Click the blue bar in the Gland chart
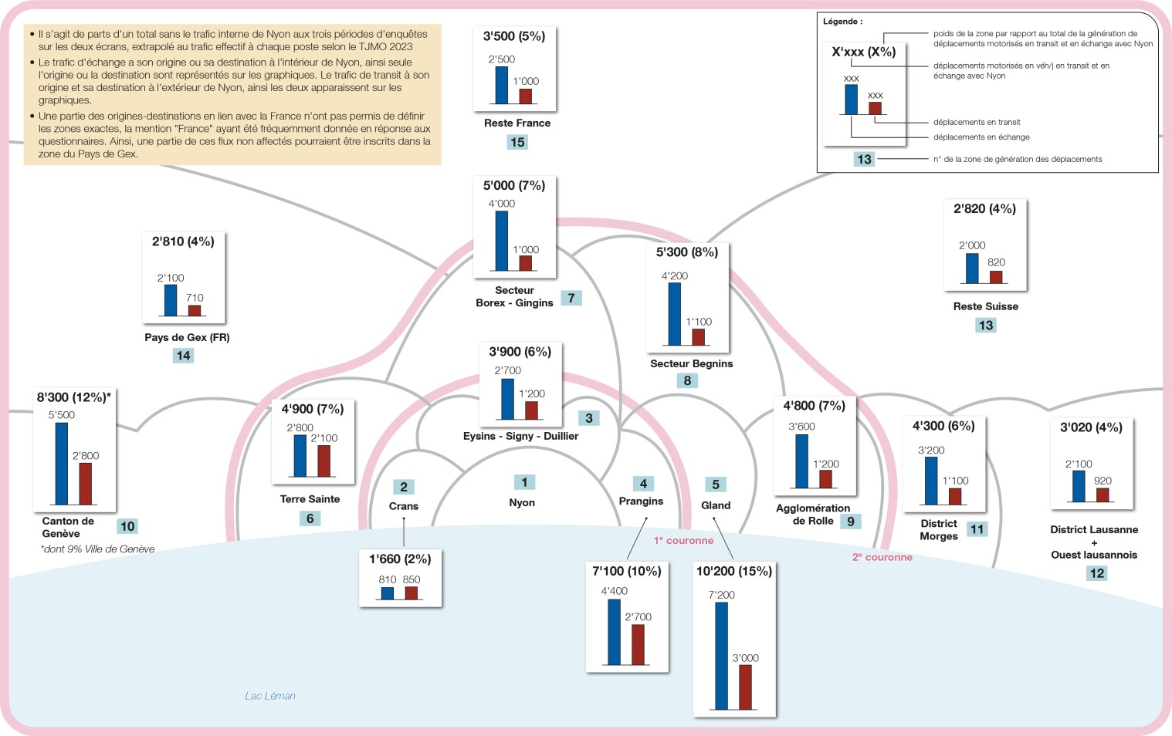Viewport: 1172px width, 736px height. [722, 656]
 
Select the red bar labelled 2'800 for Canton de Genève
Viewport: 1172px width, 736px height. [85, 484]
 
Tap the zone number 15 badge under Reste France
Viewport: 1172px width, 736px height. [517, 142]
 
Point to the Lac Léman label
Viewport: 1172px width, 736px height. [270, 696]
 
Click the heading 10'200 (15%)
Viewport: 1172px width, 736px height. [734, 572]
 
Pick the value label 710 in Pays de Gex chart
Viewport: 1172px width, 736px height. [195, 298]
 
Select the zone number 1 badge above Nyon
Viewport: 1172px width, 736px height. [524, 482]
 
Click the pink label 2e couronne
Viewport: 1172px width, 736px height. [882, 557]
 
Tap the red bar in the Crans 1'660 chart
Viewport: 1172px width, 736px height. [412, 593]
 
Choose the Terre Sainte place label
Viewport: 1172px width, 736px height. [310, 499]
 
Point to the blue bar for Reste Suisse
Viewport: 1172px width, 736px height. [972, 268]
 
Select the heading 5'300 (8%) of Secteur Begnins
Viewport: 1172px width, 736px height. [687, 252]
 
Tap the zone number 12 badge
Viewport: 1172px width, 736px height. [1096, 573]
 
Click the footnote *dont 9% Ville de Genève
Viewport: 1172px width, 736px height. [97, 549]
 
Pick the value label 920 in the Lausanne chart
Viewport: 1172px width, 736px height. [1103, 481]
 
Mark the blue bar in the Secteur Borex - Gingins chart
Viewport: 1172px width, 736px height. [501, 241]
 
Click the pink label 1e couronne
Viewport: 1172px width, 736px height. [683, 541]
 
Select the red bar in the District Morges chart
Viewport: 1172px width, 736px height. [955, 497]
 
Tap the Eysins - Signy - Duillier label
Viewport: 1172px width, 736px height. [520, 436]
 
